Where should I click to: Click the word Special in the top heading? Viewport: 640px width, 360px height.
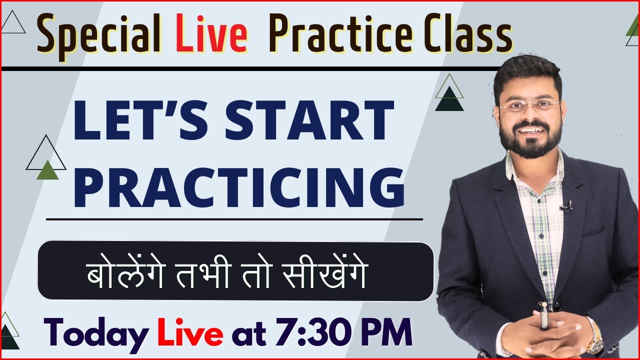tap(98, 36)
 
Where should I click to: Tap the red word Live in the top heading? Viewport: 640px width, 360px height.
tap(212, 36)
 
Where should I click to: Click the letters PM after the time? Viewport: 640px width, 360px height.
tap(386, 333)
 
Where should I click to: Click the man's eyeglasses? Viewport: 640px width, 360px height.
tap(529, 106)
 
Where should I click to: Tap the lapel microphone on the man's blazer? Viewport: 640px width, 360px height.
tap(566, 206)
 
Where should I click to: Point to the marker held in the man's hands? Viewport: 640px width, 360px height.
tap(544, 315)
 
